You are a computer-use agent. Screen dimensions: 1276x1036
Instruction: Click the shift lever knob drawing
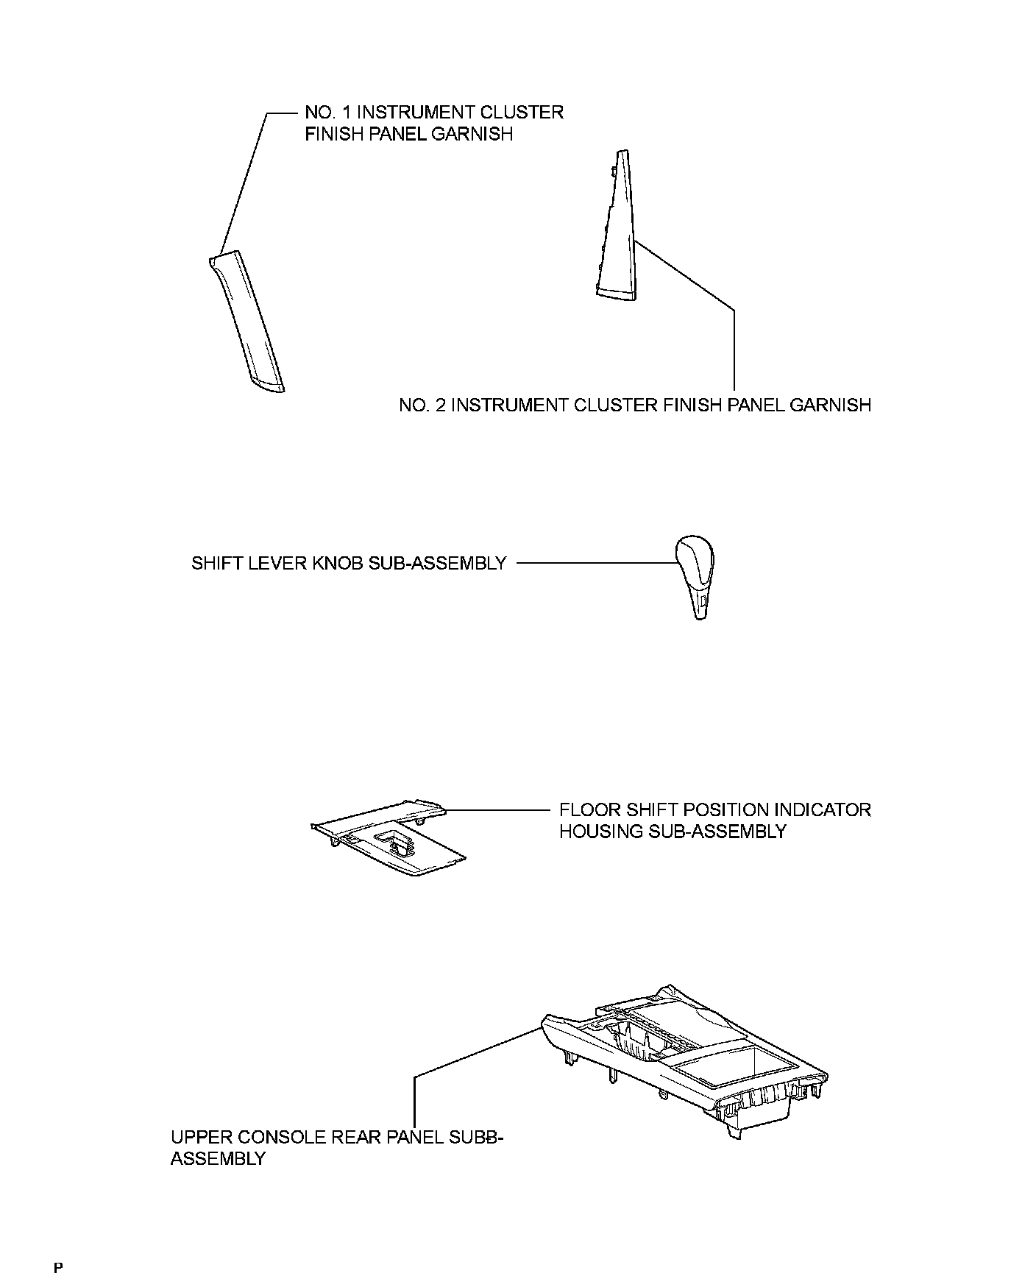695,574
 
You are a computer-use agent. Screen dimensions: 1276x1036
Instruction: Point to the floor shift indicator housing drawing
390,839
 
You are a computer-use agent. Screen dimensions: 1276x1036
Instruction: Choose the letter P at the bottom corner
58,1266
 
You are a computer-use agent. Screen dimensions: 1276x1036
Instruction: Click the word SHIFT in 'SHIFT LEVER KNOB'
213,564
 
